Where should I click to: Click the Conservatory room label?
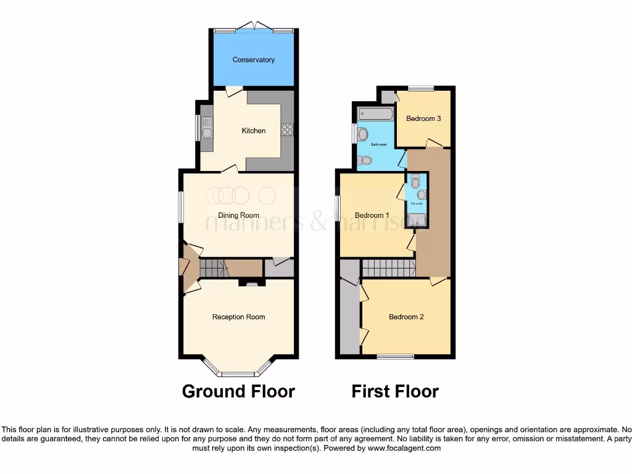(253, 60)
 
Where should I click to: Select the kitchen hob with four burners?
(287, 129)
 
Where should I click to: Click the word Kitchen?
(253, 131)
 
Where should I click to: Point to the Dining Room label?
(238, 215)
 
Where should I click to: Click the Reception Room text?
(238, 317)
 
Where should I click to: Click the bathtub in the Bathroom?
(375, 114)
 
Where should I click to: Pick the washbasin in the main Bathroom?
(362, 134)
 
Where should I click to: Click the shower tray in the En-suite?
(417, 220)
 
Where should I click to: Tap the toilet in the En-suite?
(415, 182)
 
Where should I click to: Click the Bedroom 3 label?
(423, 118)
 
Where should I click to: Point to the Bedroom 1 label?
(372, 215)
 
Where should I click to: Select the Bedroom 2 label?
(406, 317)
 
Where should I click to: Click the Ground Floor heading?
(238, 391)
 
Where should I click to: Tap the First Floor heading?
(395, 391)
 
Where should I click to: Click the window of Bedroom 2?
(395, 356)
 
